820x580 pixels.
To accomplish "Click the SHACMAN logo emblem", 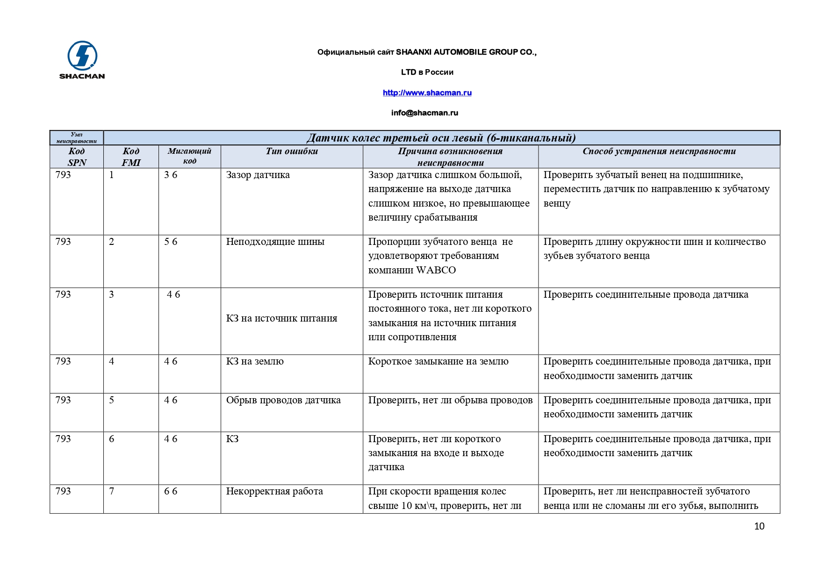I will tap(82, 56).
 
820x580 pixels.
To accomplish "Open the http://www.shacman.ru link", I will tap(427, 93).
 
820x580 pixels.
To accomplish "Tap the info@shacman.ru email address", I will tap(424, 113).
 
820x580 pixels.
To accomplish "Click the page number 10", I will tap(759, 526).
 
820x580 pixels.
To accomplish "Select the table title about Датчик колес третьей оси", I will tap(441, 138).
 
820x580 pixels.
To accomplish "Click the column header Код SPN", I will tap(77, 157).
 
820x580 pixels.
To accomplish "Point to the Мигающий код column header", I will tap(189, 156).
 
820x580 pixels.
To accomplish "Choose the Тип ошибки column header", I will tap(292, 151).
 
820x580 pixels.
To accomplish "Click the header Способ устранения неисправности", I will tap(659, 151).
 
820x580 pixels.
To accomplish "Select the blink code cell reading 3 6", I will tap(171, 175).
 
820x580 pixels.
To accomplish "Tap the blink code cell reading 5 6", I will tap(171, 242).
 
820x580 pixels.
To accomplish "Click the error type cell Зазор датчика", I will tap(258, 175).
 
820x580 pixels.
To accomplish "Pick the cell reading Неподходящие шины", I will tap(275, 242).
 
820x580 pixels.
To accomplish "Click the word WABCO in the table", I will tap(436, 270).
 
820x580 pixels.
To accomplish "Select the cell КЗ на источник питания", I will tap(281, 318).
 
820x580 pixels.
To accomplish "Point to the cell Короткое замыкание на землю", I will tap(438, 361).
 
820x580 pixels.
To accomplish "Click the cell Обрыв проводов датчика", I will tap(283, 400).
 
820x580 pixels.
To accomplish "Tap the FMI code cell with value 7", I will tap(111, 491).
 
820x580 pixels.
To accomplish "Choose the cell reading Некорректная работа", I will tap(274, 491).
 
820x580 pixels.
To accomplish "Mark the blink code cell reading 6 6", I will tap(171, 491).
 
